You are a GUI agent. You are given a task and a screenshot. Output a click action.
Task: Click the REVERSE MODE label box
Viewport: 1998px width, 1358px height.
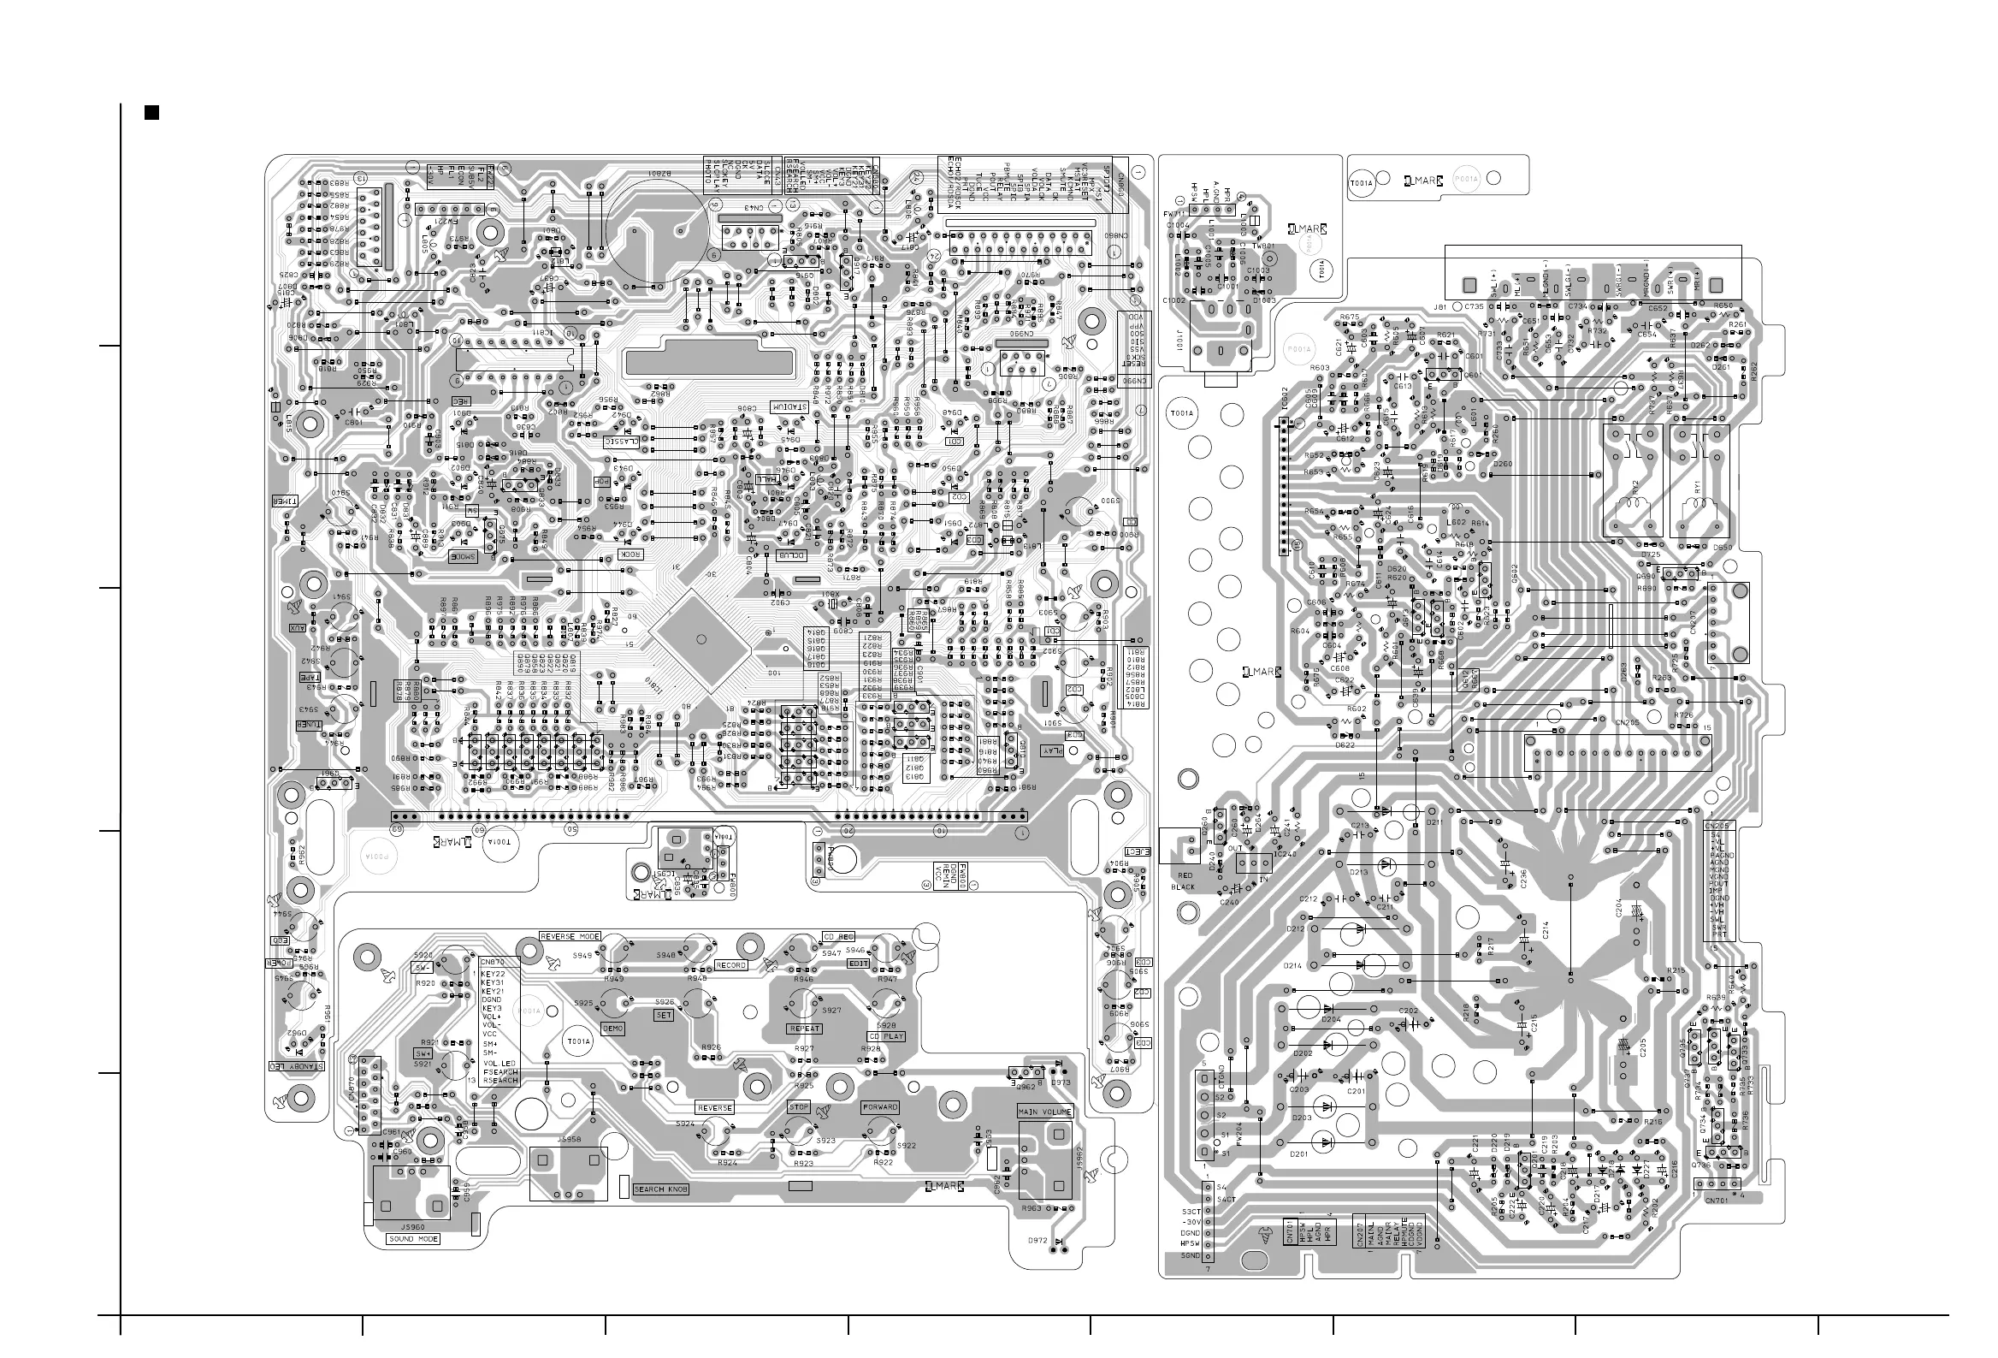coord(570,937)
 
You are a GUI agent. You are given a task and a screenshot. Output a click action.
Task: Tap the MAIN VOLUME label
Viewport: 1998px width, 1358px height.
coord(1044,1112)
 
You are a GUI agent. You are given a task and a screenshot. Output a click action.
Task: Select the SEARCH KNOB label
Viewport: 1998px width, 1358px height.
coord(661,1189)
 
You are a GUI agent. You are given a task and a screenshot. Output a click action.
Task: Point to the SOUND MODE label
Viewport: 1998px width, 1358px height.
coord(413,1239)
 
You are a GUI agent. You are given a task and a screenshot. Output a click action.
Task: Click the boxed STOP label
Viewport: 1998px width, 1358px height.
coord(799,1107)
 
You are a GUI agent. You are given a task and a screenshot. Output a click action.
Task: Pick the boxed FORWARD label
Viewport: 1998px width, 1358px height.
coord(879,1107)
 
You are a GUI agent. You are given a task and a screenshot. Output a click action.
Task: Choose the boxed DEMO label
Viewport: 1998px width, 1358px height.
coord(613,1029)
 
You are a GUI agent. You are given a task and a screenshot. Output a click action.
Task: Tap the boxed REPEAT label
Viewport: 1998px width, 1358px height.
coord(805,1029)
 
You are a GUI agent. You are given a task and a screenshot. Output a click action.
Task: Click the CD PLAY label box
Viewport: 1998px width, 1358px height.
coord(885,1036)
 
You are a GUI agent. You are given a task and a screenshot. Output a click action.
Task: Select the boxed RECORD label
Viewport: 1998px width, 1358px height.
coord(730,965)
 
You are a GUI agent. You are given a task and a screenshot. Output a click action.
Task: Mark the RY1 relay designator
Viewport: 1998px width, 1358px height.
coord(1698,486)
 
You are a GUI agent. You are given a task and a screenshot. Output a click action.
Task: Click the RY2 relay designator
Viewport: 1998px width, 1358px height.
coord(1634,486)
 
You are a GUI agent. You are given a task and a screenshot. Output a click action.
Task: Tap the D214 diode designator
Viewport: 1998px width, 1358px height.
coord(1293,966)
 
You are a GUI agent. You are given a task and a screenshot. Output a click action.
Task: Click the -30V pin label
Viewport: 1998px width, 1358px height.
coord(1191,1222)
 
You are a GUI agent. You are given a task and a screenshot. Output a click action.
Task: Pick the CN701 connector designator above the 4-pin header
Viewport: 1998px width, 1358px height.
coord(1716,1201)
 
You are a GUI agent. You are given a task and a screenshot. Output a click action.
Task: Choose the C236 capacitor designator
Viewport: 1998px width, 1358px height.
coord(1523,877)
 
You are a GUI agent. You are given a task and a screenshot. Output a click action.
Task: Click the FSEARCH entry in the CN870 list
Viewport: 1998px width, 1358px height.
coord(499,1072)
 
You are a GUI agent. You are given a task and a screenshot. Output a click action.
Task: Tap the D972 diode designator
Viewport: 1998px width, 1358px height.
coord(1037,1241)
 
